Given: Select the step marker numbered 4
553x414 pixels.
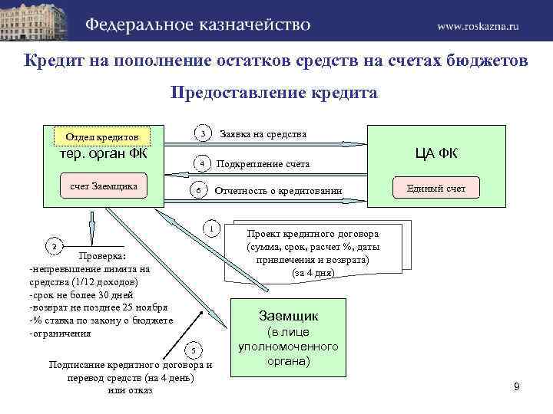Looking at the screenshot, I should pos(201,163).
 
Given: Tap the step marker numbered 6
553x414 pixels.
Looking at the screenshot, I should pos(198,190).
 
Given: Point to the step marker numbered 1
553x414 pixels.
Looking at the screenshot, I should pos(211,228).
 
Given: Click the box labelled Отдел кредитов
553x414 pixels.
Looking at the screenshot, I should pos(102,137).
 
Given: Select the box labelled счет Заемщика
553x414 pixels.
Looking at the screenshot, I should pos(104,186).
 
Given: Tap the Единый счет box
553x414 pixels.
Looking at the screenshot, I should pos(436,188).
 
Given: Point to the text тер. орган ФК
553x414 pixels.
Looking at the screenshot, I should pos(104,153).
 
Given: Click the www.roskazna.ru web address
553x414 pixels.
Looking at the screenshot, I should pos(478,25).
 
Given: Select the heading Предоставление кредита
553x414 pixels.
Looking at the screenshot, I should pos(274,93).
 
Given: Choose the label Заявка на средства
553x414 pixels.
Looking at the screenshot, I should pos(263,134).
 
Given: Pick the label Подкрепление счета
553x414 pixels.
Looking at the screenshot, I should pos(263,164).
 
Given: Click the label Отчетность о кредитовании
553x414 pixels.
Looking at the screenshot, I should pos(278,190).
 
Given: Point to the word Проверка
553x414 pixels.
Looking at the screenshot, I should pos(102,256).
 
